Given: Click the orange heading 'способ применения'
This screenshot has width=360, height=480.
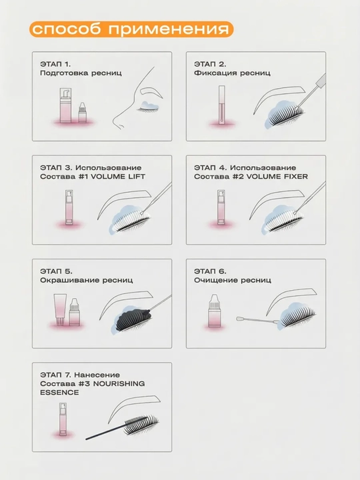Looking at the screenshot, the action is (131, 29).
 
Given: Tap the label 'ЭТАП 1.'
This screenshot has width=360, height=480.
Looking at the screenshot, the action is (55, 64).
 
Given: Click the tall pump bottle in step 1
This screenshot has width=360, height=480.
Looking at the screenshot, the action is (65, 105).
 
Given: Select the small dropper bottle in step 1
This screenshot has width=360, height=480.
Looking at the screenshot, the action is (82, 113).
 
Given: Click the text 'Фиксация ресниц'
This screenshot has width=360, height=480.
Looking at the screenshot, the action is (232, 73).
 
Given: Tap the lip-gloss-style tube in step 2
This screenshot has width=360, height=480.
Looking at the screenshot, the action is (221, 105).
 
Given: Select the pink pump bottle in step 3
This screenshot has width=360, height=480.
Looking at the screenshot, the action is (69, 208).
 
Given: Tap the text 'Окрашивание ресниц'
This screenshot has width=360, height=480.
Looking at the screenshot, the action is (86, 281).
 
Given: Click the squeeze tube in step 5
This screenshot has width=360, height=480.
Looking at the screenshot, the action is (60, 309).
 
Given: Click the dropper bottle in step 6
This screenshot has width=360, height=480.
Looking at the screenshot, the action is (214, 311).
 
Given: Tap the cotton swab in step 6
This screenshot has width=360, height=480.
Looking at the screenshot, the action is (258, 321).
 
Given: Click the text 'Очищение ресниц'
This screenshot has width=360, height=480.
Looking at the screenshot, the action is (233, 281).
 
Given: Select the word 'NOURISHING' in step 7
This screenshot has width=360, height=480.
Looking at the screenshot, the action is (119, 384).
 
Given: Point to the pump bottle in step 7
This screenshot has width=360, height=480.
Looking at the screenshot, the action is (63, 419).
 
